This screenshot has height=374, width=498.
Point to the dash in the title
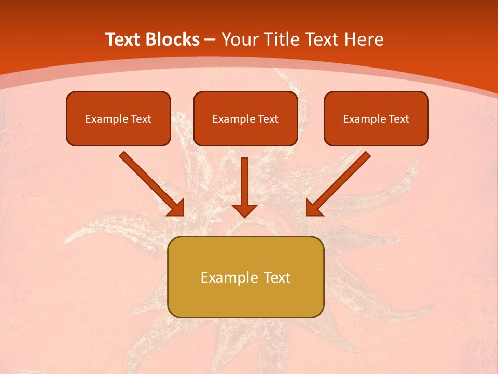pyautogui.click(x=210, y=39)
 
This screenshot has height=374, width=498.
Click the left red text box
pyautogui.click(x=118, y=118)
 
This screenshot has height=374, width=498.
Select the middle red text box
pyautogui.click(x=245, y=118)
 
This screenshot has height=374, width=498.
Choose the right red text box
pyautogui.click(x=376, y=118)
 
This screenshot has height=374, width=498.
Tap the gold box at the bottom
pyautogui.click(x=245, y=277)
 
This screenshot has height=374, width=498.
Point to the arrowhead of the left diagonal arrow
pyautogui.click(x=177, y=208)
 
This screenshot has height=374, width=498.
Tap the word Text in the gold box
pyautogui.click(x=276, y=277)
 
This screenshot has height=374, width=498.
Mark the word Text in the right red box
pyautogui.click(x=398, y=119)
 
